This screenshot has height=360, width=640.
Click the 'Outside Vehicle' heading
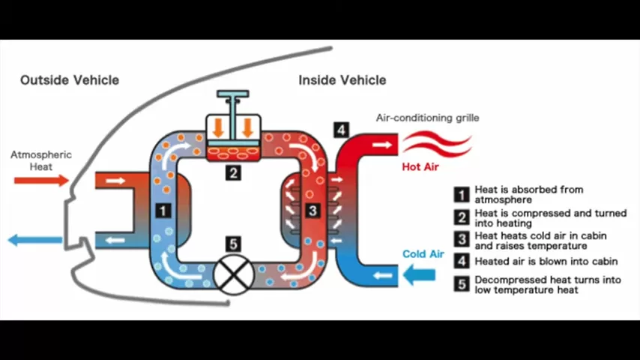69,80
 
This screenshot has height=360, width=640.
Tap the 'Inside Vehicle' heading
342,80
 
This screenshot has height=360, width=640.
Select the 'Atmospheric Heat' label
41,160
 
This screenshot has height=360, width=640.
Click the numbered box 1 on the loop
163,211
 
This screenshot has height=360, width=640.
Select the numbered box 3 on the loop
313,211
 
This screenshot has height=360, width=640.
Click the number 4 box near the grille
341,130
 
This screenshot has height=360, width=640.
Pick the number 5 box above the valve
234,244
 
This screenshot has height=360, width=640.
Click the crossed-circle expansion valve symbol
234,274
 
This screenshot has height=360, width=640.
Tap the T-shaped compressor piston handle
234,100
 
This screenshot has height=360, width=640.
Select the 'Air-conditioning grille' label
427,118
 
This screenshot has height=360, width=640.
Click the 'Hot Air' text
420,166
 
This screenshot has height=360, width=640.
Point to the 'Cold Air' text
423,254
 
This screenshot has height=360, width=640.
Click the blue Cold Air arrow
420,275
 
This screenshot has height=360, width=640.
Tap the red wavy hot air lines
436,142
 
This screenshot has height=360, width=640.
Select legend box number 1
462,194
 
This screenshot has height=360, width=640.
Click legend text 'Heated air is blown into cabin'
546,261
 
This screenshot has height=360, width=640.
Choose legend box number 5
462,284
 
